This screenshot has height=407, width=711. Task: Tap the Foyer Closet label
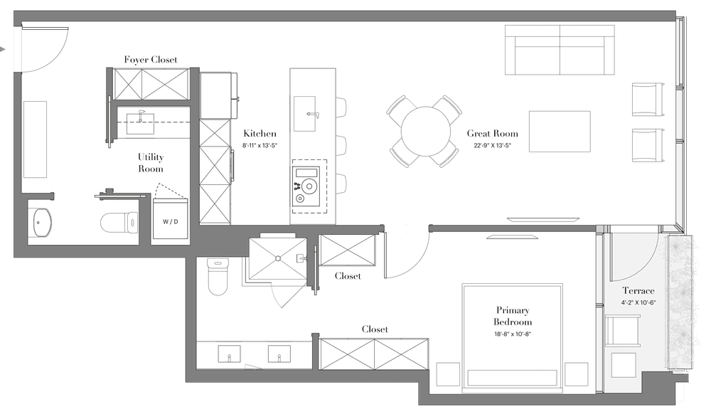click(x=151, y=60)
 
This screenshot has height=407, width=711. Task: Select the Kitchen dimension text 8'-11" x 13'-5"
click(x=260, y=146)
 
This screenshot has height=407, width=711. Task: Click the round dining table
click(x=426, y=132)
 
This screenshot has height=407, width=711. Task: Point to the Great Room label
click(x=493, y=133)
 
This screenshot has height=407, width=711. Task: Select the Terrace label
click(x=638, y=290)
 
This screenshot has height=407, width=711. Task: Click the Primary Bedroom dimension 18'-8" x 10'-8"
click(x=513, y=334)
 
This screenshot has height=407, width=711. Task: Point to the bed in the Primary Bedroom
click(x=513, y=338)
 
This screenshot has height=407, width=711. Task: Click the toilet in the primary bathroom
click(x=217, y=276)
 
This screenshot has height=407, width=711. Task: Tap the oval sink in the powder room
click(x=43, y=222)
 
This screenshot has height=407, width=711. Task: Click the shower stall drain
click(x=277, y=258)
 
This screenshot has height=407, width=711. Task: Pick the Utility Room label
click(x=151, y=162)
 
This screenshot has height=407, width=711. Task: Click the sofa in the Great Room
click(x=560, y=50)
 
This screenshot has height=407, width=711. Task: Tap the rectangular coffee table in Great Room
click(x=560, y=131)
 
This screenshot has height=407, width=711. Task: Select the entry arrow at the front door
click(x=3, y=49)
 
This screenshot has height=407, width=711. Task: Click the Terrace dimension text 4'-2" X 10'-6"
click(x=638, y=302)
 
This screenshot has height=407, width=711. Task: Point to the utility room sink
click(x=139, y=123)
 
